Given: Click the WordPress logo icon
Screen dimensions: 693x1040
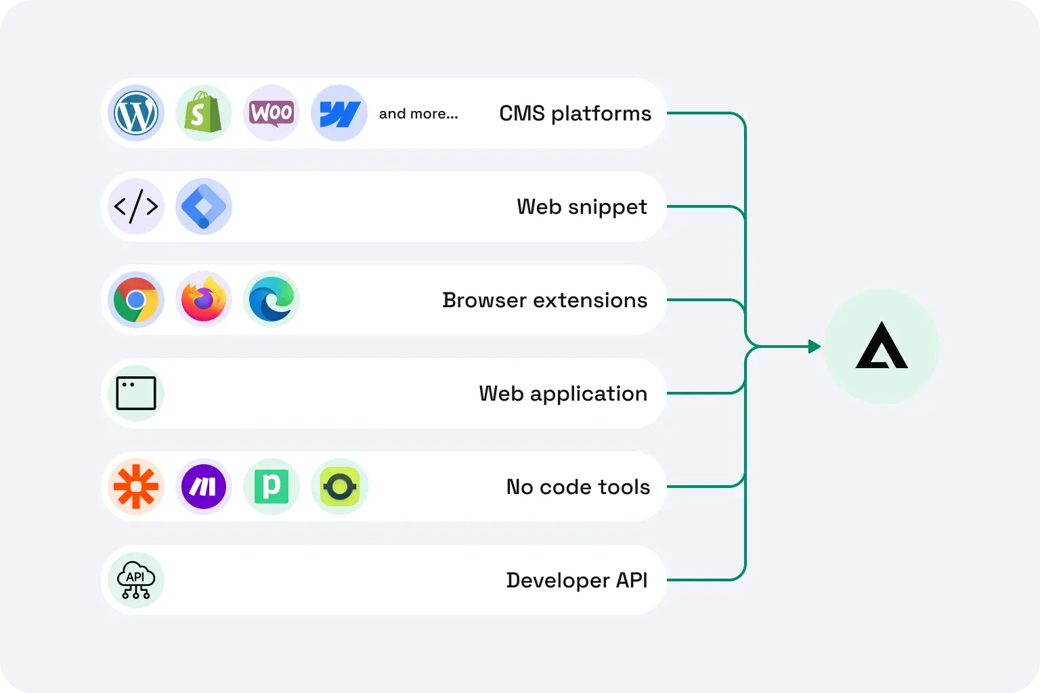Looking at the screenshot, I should [x=136, y=113].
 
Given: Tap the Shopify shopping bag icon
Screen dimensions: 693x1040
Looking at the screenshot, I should [x=204, y=113].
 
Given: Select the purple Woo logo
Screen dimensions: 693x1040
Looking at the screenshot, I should [x=272, y=113].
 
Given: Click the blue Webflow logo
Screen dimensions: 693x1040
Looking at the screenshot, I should [x=339, y=113].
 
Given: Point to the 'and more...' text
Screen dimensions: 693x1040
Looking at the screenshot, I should [x=418, y=114].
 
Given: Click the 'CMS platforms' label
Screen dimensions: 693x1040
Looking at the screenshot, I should [x=575, y=114].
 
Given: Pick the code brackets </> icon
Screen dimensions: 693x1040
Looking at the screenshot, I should [x=136, y=206].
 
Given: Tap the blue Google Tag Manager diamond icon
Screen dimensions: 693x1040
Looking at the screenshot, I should [x=204, y=206].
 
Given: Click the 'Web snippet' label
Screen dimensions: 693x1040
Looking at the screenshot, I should [x=582, y=207].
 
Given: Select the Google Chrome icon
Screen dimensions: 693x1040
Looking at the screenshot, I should [x=136, y=300].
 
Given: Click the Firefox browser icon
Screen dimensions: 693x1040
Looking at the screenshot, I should [x=204, y=300].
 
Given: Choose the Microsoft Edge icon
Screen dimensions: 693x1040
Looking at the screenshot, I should [x=272, y=300].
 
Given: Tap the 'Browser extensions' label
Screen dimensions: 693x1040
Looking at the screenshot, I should [x=544, y=300].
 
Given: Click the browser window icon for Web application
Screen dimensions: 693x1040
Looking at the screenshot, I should [x=136, y=393].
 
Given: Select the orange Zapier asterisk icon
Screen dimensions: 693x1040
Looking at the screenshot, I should [x=136, y=487].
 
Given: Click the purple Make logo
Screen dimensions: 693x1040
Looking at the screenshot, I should [x=204, y=487].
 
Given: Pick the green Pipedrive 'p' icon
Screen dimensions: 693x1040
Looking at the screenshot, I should [x=272, y=487].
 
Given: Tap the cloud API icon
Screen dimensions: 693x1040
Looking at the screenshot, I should [x=136, y=580].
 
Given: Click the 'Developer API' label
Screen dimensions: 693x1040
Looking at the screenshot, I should [x=576, y=581].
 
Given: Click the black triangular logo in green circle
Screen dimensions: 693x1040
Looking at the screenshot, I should [x=882, y=346].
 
